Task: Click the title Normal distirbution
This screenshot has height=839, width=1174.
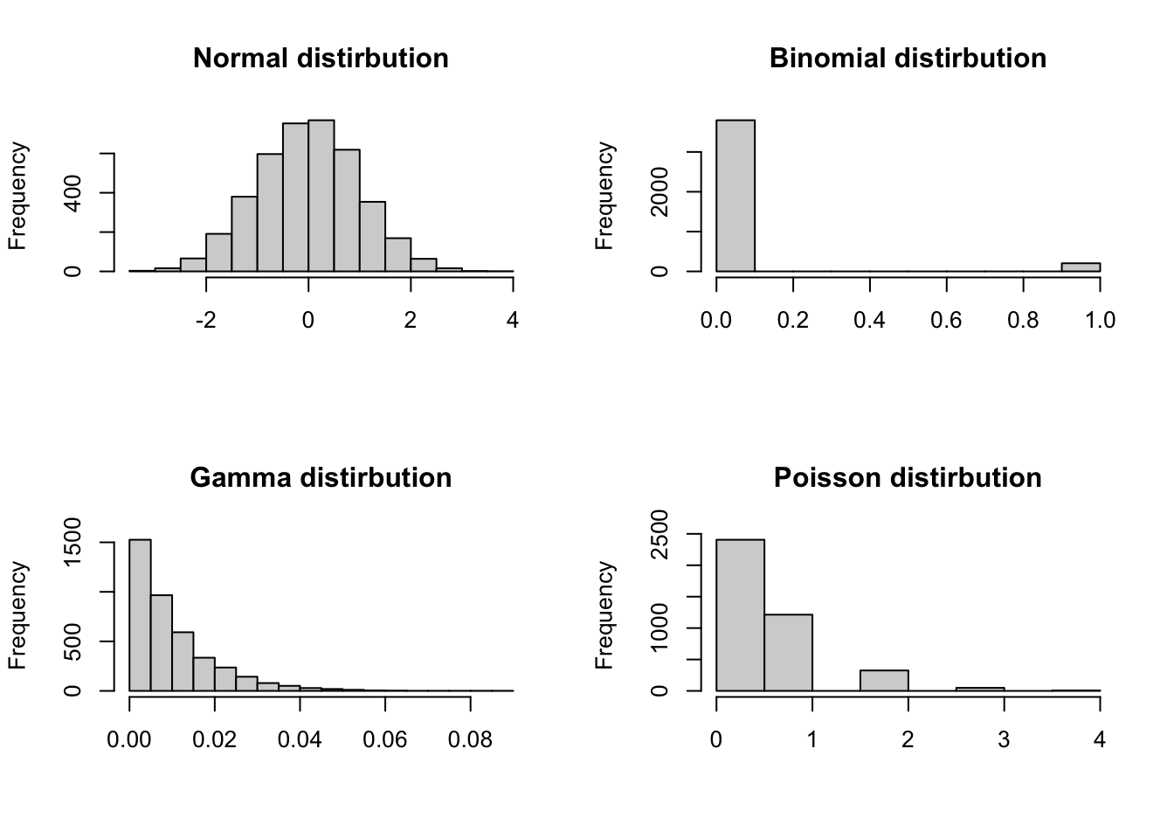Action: (x=321, y=59)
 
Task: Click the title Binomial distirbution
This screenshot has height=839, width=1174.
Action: (x=908, y=59)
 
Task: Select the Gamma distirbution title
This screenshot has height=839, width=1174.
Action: (x=321, y=478)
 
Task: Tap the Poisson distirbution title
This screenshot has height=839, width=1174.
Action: (x=908, y=478)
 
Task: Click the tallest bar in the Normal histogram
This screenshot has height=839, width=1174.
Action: (x=321, y=196)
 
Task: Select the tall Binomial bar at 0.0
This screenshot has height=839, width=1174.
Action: (x=735, y=196)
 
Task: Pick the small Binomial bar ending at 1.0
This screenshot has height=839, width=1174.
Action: (x=1081, y=267)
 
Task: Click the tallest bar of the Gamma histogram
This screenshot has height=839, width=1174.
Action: (x=140, y=615)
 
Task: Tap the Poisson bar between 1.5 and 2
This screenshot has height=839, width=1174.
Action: (x=884, y=681)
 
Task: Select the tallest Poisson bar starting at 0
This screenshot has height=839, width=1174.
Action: (x=740, y=615)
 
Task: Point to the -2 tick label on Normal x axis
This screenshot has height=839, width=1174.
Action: (x=205, y=321)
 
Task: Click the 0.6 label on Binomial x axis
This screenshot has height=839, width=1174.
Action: (x=946, y=321)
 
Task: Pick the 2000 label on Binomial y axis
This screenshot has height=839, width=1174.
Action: (x=660, y=192)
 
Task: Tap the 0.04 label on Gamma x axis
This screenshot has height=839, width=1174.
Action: (x=300, y=740)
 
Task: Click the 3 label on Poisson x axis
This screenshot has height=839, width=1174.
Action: (x=1004, y=740)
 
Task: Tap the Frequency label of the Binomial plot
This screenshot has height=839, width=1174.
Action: (x=604, y=196)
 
